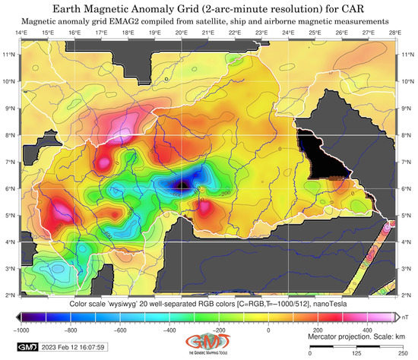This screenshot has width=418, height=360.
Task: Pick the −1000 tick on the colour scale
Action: tap(21, 330)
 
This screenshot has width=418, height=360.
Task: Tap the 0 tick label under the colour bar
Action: tap(268, 330)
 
